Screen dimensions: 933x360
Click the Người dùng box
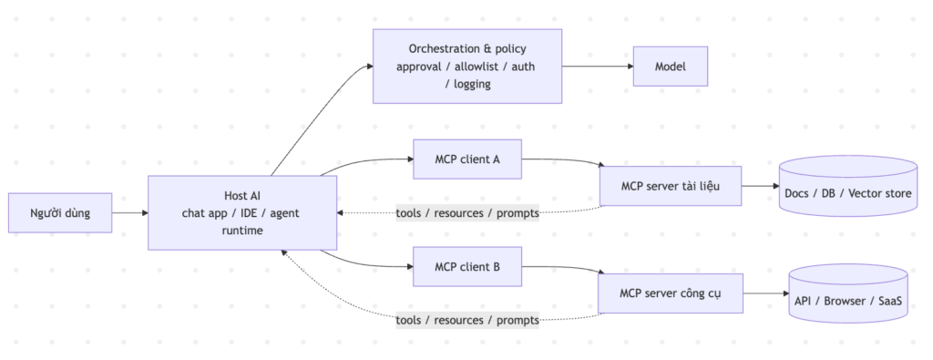point(60,212)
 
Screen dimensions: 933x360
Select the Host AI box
point(242,212)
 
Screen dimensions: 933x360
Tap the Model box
point(670,66)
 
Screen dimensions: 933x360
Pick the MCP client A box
point(467,159)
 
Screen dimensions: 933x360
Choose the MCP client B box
point(467,266)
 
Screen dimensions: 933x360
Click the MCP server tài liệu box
point(671,186)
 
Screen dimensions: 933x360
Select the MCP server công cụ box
point(671,293)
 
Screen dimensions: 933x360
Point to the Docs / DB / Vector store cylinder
point(848,186)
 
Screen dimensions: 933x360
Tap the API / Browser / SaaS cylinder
point(848,293)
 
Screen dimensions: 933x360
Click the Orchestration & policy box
point(467,66)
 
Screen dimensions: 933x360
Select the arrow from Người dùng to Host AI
point(129,212)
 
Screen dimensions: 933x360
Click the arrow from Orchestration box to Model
point(598,66)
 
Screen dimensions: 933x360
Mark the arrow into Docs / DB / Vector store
point(761,186)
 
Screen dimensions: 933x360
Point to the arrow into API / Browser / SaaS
point(765,293)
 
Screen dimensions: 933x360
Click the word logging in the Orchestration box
point(472,84)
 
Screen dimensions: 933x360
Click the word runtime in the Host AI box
point(242,231)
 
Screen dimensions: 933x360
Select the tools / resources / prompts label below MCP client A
point(467,212)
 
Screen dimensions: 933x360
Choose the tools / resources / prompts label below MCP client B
point(467,320)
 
